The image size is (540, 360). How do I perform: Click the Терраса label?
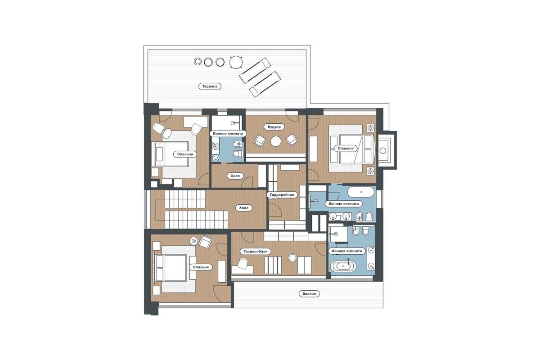click(x=210, y=86)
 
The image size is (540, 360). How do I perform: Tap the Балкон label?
click(x=309, y=294)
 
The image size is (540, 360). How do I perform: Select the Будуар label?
click(x=274, y=127)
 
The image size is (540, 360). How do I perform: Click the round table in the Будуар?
click(x=276, y=141)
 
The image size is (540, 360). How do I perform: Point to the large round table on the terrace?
click(x=235, y=63)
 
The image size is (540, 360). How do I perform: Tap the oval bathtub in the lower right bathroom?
click(x=343, y=266)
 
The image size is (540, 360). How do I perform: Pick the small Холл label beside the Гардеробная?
click(x=235, y=176)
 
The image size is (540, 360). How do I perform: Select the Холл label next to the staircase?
click(x=244, y=207)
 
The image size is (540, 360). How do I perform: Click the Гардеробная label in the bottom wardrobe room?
click(x=256, y=251)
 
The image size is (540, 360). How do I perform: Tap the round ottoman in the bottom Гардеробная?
click(x=292, y=258)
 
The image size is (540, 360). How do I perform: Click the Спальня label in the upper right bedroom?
click(x=346, y=148)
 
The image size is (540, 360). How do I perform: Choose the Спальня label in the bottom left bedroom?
click(x=201, y=267)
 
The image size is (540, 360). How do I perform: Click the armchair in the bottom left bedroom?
click(x=205, y=242)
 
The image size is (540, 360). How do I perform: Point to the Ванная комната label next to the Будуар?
click(x=228, y=134)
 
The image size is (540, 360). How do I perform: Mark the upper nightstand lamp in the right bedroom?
click(x=370, y=128)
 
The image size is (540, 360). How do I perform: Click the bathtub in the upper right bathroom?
click(x=361, y=192)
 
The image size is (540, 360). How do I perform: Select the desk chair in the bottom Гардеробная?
click(x=243, y=263)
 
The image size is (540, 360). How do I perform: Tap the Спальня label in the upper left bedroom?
click(x=185, y=154)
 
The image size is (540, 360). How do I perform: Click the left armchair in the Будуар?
click(x=260, y=140)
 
